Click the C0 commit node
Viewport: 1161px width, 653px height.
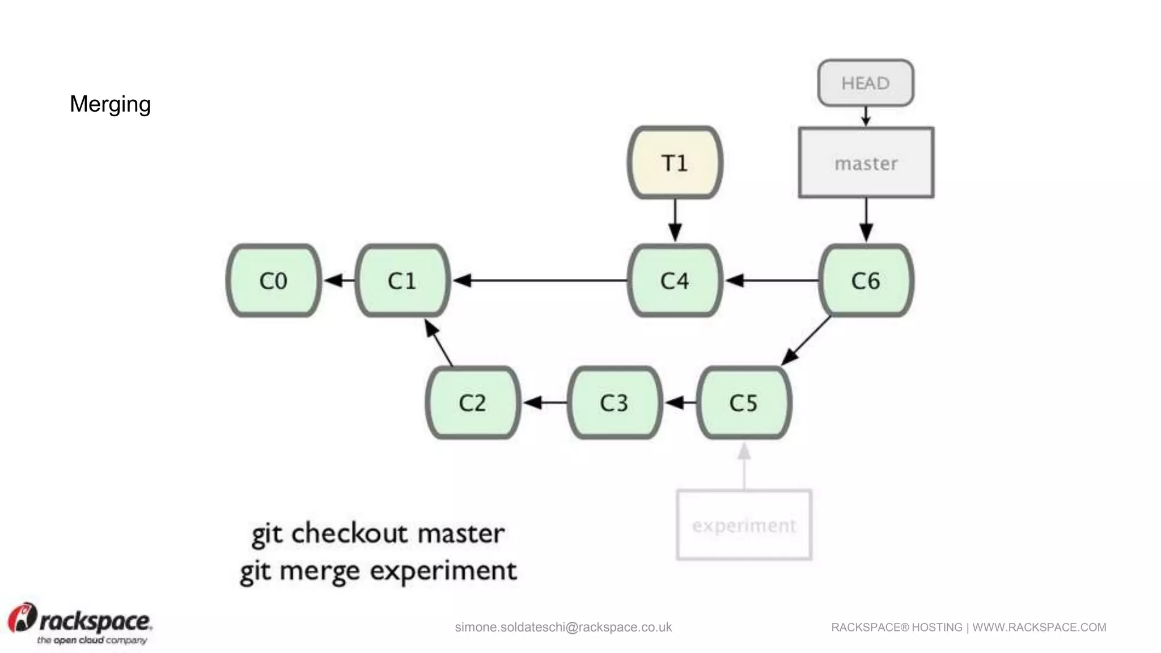point(274,281)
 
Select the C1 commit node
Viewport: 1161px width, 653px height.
point(402,281)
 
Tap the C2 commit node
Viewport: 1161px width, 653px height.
point(473,402)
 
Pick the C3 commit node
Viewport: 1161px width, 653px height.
point(615,402)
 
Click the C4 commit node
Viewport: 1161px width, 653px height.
point(675,281)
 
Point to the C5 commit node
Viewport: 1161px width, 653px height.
point(744,402)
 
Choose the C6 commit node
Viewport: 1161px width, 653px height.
point(866,281)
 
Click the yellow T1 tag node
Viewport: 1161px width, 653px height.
point(675,163)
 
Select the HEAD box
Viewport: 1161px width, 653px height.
point(866,83)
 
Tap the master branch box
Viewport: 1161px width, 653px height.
point(866,163)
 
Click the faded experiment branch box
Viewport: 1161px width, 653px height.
point(744,525)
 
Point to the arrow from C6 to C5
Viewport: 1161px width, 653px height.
point(806,341)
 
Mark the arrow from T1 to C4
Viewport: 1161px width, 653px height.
point(675,220)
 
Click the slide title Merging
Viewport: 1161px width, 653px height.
point(110,104)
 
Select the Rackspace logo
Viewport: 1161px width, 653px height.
point(79,624)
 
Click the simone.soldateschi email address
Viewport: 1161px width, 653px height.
point(563,627)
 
